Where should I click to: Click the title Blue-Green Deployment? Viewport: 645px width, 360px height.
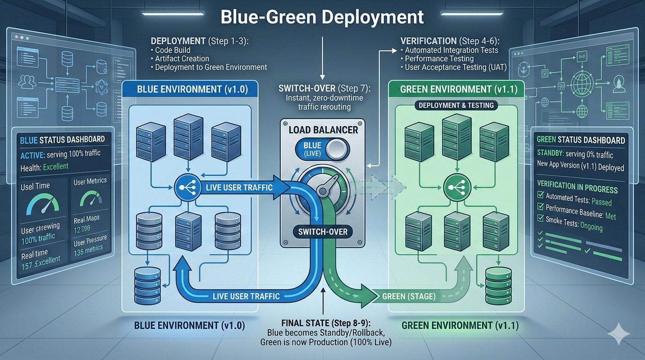322,17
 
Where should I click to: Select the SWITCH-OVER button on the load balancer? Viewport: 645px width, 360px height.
322,231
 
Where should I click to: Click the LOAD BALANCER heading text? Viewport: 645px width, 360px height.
323,130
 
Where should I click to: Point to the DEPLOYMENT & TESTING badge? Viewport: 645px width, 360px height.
456,106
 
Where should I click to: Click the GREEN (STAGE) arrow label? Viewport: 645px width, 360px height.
408,297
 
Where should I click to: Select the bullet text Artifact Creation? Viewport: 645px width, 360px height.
182,59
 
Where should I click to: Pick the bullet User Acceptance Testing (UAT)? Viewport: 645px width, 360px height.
456,67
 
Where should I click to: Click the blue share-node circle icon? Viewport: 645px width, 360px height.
187,187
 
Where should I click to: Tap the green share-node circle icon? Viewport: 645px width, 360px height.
456,187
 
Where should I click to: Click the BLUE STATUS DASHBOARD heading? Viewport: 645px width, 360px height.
62,140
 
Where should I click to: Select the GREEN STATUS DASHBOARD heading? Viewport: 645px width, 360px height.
580,140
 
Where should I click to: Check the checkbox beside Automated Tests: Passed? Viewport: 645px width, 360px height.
541,195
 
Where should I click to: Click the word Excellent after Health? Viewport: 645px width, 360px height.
56,166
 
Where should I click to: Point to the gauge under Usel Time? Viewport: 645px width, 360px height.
43,204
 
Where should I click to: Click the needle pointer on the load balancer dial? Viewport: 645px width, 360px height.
326,185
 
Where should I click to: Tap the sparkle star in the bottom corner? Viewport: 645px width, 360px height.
618,333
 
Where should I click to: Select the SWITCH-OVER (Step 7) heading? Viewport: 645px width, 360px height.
324,88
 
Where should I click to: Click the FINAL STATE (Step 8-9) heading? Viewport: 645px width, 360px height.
326,323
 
